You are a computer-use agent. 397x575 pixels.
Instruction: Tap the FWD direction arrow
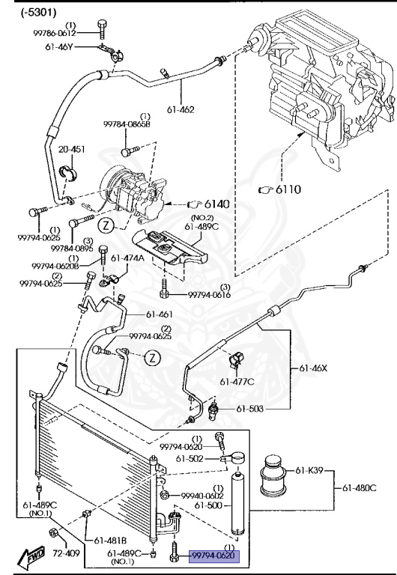(27, 555)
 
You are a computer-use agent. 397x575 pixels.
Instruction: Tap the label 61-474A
(128, 258)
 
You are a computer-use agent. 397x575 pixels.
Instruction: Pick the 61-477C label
(237, 382)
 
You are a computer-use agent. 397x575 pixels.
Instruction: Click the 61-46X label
(315, 369)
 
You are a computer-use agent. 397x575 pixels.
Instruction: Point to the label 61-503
(251, 409)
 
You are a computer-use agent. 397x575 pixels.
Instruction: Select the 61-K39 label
(309, 469)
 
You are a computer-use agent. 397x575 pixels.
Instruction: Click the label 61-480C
(360, 487)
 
